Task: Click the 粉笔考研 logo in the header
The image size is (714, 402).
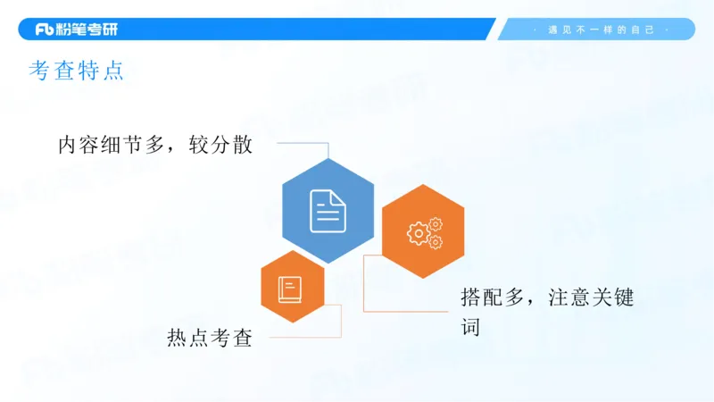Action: pos(76,29)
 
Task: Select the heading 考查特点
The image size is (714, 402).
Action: pos(76,72)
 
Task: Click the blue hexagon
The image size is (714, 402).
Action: pos(328,211)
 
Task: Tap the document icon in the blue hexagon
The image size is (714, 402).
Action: pos(328,211)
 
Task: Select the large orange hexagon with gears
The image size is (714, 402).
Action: pos(423,232)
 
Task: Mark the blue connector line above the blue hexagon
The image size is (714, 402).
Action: pos(303,143)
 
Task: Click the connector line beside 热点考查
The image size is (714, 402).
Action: pos(303,338)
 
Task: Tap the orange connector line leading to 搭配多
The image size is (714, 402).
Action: pos(406,311)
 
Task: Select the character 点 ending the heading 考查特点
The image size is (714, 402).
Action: pos(112,72)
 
